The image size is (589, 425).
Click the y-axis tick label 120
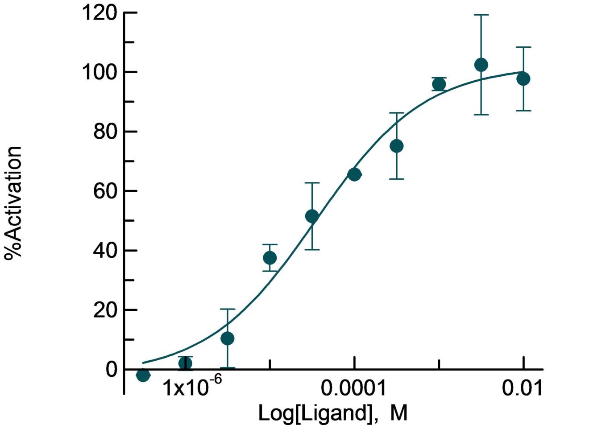coord(100,13)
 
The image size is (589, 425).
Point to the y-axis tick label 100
coord(100,72)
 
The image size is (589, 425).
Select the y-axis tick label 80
coord(106,132)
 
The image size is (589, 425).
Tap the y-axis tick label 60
coord(106,191)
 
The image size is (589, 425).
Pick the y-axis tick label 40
coord(106,251)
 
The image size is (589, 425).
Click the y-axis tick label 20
coord(106,310)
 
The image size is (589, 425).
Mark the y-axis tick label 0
coord(112,370)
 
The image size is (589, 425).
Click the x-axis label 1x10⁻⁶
coord(185,388)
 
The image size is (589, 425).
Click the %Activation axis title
coord(13,202)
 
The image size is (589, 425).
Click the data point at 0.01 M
coord(523,79)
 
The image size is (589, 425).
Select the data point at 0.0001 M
coord(354,174)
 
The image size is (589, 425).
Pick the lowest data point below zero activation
coord(143,375)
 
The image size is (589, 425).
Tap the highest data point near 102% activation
coord(481,65)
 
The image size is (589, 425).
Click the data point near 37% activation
coord(270,258)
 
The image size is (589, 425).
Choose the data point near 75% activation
coord(397,146)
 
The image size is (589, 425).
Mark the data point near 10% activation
coord(228,338)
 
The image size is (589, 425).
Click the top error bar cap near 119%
coord(481,15)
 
